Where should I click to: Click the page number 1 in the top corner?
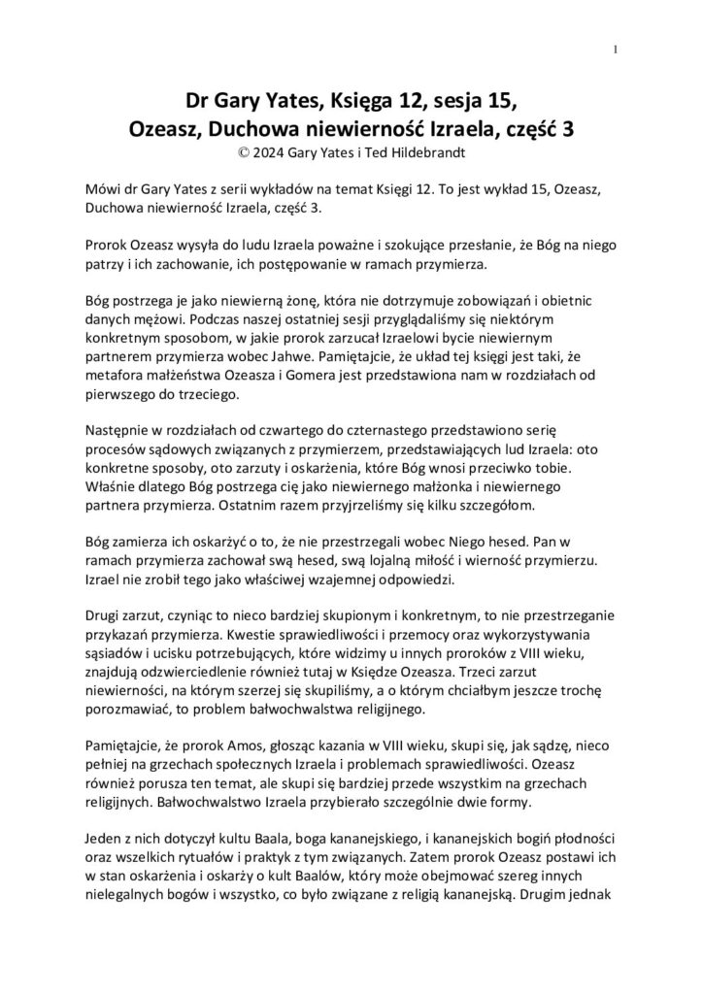(616, 50)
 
